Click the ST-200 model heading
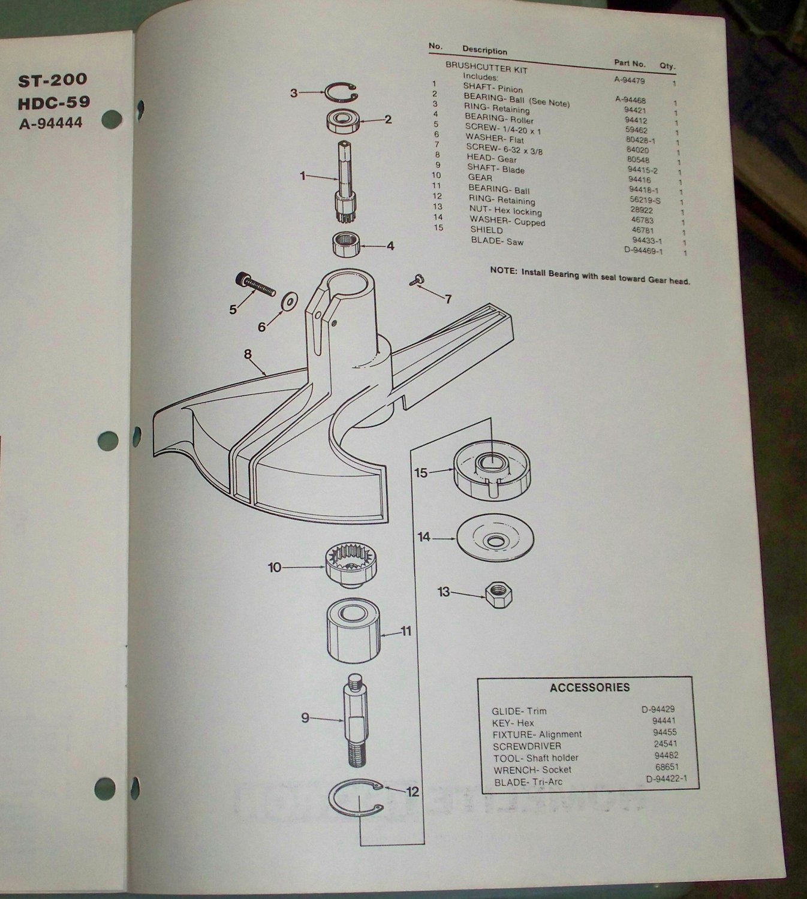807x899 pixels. pos(53,80)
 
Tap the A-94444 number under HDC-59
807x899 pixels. pos(50,123)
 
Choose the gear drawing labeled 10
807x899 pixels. pos(347,566)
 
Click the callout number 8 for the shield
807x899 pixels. pos(248,354)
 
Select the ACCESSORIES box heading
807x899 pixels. pos(589,687)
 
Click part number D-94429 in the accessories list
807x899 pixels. pos(658,710)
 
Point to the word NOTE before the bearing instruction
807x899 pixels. pos(502,270)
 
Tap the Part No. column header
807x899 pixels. pos(630,63)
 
